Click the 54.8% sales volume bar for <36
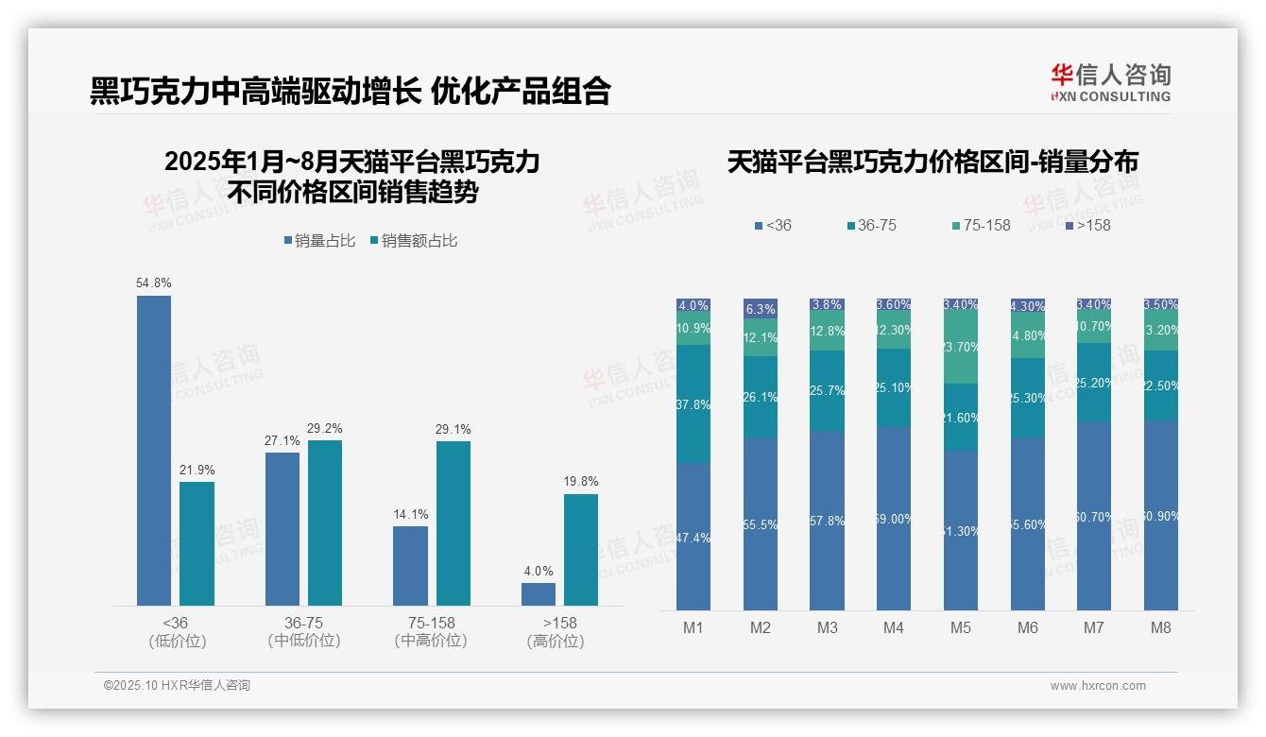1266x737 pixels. point(154,450)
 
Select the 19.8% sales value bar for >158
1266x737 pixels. point(581,550)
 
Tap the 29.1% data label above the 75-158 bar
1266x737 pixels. point(453,430)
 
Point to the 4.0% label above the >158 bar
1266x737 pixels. point(539,571)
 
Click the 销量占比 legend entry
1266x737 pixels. point(319,241)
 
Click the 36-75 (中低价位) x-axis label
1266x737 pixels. point(304,631)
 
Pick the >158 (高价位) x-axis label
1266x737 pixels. point(559,631)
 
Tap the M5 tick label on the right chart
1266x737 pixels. point(961,627)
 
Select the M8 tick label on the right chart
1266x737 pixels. point(1161,627)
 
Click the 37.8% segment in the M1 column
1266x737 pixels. point(693,403)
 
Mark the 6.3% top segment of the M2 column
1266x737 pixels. point(761,309)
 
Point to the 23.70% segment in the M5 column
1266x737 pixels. point(961,348)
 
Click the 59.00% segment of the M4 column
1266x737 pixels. point(894,518)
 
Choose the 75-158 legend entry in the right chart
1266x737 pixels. point(982,225)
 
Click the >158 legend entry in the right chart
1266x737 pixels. point(1088,225)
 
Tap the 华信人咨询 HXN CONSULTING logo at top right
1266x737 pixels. point(1111,83)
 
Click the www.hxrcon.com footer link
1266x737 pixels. point(1098,686)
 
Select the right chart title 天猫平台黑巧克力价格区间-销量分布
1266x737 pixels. point(932,162)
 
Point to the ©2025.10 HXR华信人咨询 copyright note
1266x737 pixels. point(177,686)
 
